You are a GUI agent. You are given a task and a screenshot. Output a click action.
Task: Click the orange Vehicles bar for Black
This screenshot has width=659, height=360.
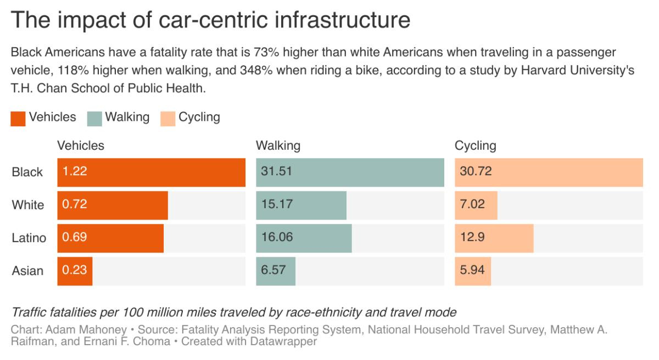pyautogui.click(x=151, y=172)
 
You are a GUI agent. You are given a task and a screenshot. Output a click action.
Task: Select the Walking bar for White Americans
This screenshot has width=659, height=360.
pyautogui.click(x=301, y=205)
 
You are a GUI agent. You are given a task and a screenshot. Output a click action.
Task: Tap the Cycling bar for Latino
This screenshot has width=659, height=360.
pyautogui.click(x=494, y=238)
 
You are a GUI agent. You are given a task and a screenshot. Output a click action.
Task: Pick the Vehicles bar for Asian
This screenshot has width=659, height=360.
pyautogui.click(x=75, y=271)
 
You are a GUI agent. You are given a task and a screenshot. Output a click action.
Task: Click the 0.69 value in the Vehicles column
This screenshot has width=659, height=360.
pyautogui.click(x=75, y=238)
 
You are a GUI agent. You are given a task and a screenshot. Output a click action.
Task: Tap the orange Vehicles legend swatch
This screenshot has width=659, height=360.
pyautogui.click(x=18, y=119)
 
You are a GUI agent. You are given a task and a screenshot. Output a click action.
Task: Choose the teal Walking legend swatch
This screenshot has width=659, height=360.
pyautogui.click(x=94, y=119)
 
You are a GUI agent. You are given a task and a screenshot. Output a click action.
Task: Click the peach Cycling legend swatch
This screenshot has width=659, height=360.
pyautogui.click(x=168, y=119)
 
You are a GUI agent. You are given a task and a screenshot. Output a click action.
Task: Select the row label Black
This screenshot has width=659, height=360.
pyautogui.click(x=27, y=172)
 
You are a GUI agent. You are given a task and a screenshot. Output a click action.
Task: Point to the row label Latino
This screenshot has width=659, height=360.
pyautogui.click(x=29, y=238)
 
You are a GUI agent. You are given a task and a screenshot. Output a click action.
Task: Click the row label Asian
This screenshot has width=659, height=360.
pyautogui.click(x=27, y=271)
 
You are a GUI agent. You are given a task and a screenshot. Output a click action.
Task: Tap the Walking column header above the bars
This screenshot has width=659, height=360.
pyautogui.click(x=278, y=146)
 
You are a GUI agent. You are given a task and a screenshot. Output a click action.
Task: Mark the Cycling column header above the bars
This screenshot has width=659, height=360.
pyautogui.click(x=475, y=146)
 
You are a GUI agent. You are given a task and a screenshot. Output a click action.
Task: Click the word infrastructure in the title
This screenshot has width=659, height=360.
pyautogui.click(x=340, y=21)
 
